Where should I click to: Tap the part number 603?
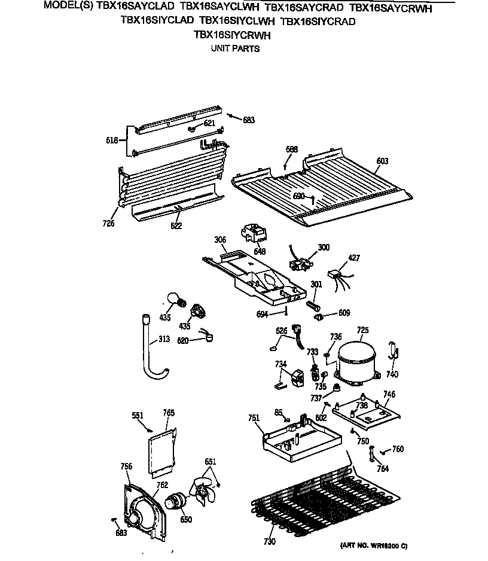pyautogui.click(x=382, y=161)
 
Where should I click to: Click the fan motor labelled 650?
pyautogui.click(x=176, y=502)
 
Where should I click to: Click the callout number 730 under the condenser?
pyautogui.click(x=269, y=542)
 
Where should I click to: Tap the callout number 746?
pyautogui.click(x=389, y=394)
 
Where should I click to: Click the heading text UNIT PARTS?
pyautogui.click(x=235, y=48)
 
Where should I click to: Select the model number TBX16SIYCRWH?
pyautogui.click(x=232, y=35)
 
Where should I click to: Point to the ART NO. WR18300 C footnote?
pyautogui.click(x=374, y=546)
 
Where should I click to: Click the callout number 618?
pyautogui.click(x=112, y=141)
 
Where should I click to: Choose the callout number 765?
pyautogui.click(x=169, y=413)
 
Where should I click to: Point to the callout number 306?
pyautogui.click(x=220, y=240)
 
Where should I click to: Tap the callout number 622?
pyautogui.click(x=175, y=225)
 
